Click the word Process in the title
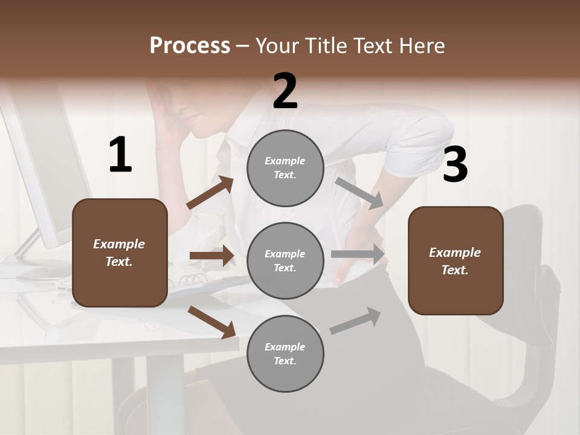[x=190, y=45]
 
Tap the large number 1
[x=120, y=155]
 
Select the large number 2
[x=285, y=91]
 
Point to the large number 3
[x=455, y=165]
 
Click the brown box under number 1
[x=120, y=253]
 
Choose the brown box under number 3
[x=456, y=261]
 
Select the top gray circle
[x=285, y=168]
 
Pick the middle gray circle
[x=285, y=261]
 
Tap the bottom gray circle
[x=285, y=353]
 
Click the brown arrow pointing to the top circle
[x=210, y=193]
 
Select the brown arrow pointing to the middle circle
[x=212, y=256]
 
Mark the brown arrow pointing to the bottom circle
[x=211, y=321]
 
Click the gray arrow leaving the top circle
[x=359, y=193]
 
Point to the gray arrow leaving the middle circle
[x=358, y=254]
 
